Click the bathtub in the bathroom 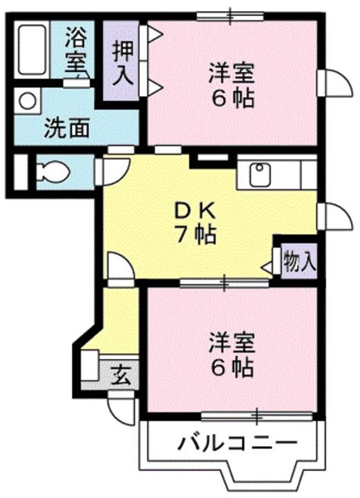pos(32,49)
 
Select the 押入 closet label pos(122,62)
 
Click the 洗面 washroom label pos(67,128)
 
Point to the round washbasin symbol pos(27,100)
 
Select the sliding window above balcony pos(256,416)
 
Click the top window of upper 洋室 pos(229,15)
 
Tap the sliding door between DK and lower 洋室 pos(224,282)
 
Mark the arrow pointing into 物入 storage pos(268,265)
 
